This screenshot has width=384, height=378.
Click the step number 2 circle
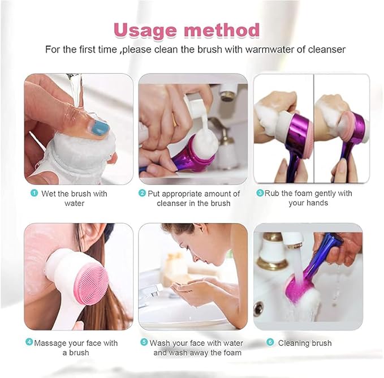tap(143, 194)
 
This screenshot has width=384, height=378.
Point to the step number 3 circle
tap(260, 194)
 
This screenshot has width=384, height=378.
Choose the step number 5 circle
tap(144, 343)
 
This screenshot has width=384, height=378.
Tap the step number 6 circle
tap(270, 343)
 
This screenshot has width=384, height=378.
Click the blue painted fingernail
tap(100, 128)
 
